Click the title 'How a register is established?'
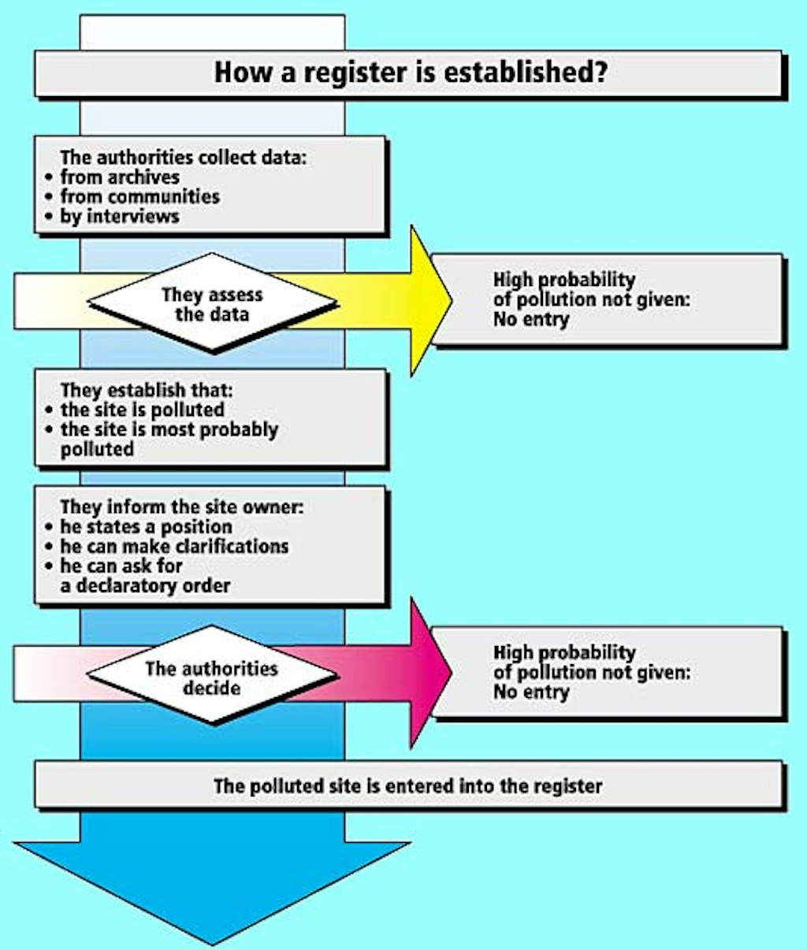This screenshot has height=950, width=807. [410, 72]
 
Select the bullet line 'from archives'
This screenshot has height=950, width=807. [119, 177]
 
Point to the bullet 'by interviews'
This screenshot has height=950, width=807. [119, 216]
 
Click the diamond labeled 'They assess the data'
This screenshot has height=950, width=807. [212, 304]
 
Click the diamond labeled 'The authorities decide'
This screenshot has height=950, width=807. [212, 677]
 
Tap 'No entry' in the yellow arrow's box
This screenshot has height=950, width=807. [530, 320]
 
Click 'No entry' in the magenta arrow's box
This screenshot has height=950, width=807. [530, 692]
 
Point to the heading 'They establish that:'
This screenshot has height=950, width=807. [147, 390]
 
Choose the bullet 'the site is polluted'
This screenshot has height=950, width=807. [142, 410]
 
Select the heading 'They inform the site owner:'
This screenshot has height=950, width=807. [181, 507]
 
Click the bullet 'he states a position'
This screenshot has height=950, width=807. [146, 526]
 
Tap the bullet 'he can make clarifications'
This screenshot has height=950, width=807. [174, 546]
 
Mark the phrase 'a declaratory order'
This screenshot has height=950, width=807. [153, 585]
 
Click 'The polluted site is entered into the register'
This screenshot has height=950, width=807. [407, 786]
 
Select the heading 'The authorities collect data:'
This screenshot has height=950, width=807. [183, 158]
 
